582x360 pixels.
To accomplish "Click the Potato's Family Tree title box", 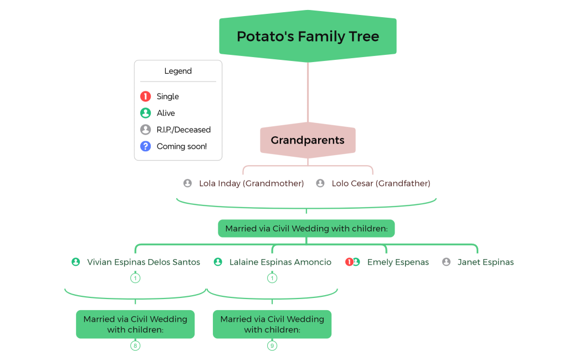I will coord(308,37).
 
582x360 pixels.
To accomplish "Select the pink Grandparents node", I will coord(308,141).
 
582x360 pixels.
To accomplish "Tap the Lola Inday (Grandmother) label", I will coord(251,183).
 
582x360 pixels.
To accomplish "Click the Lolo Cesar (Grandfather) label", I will coord(381,183).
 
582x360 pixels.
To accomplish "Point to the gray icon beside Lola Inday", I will coord(188,183).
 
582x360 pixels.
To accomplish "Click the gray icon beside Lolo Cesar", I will coord(320,183).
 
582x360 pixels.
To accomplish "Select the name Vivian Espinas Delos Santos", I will coord(144,263).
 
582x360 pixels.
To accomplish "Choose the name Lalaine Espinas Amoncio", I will coord(280,263).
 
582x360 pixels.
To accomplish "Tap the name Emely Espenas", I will coord(398,263).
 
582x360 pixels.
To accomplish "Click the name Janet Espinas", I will coord(486,263).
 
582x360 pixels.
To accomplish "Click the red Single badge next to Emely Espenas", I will coord(349,262).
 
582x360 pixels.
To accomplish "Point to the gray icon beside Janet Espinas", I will coord(446,262).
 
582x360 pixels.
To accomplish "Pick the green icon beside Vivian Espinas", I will coord(76,262).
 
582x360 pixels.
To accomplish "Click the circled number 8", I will coord(135,346).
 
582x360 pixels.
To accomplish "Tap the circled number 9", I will coord(272,346).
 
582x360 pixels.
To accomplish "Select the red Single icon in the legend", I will coord(146,96).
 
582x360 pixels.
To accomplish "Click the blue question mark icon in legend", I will coord(146,146).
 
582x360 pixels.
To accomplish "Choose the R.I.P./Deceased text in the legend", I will coord(183,130).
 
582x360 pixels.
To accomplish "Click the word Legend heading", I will coord(178,71).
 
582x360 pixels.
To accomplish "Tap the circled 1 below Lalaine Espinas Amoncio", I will coord(272,278).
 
